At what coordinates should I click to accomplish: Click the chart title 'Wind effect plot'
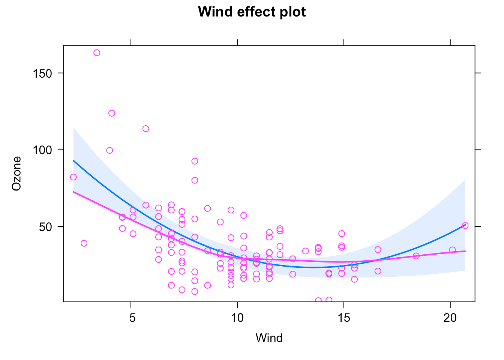[252, 12]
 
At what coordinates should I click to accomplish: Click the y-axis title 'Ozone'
[16, 173]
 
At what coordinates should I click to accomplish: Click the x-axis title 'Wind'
[269, 338]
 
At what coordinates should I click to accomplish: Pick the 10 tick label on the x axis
[237, 318]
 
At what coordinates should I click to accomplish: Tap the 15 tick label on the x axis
[344, 318]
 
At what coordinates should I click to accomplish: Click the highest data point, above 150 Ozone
[97, 52]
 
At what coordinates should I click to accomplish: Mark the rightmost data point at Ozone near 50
[465, 225]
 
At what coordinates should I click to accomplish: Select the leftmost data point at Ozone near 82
[73, 177]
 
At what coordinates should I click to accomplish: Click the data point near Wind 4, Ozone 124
[112, 113]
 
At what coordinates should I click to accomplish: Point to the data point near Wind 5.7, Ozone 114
[146, 129]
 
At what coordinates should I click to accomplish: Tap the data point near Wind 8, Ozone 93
[195, 161]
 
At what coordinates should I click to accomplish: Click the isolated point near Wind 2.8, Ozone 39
[84, 243]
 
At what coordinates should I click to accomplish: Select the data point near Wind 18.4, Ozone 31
[416, 256]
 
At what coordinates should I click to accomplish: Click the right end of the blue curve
[465, 225]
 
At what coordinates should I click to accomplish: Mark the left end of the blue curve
[73, 160]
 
